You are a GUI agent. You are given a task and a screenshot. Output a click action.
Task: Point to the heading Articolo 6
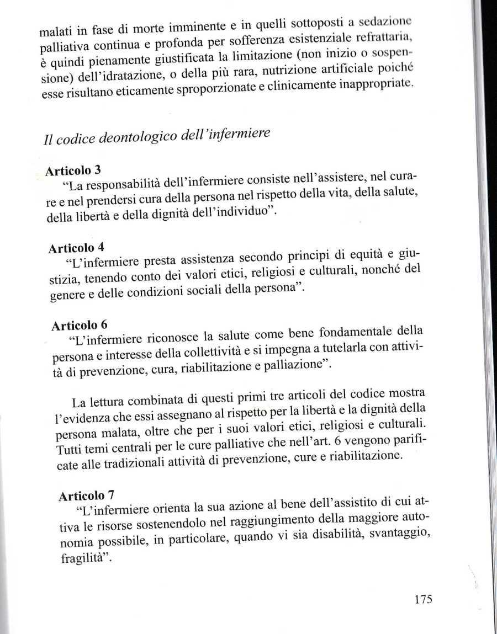coord(80,325)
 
